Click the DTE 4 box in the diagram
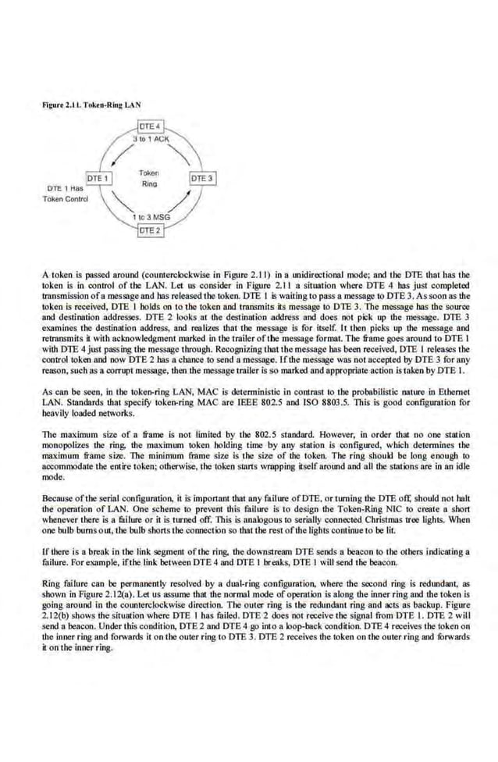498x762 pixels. click(x=149, y=126)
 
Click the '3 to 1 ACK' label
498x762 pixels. click(x=149, y=138)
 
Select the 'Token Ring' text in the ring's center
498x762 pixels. click(x=149, y=178)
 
